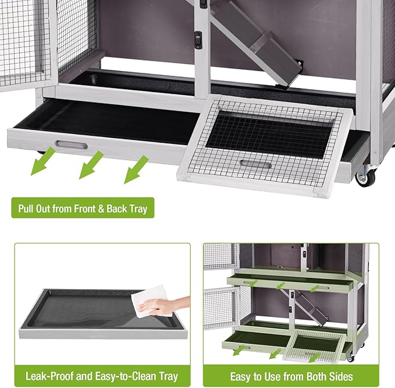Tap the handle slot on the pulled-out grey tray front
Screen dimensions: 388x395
71,144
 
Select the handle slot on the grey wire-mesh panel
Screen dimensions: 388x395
255,165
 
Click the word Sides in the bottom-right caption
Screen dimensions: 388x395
341,376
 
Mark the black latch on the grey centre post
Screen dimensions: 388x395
198,40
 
